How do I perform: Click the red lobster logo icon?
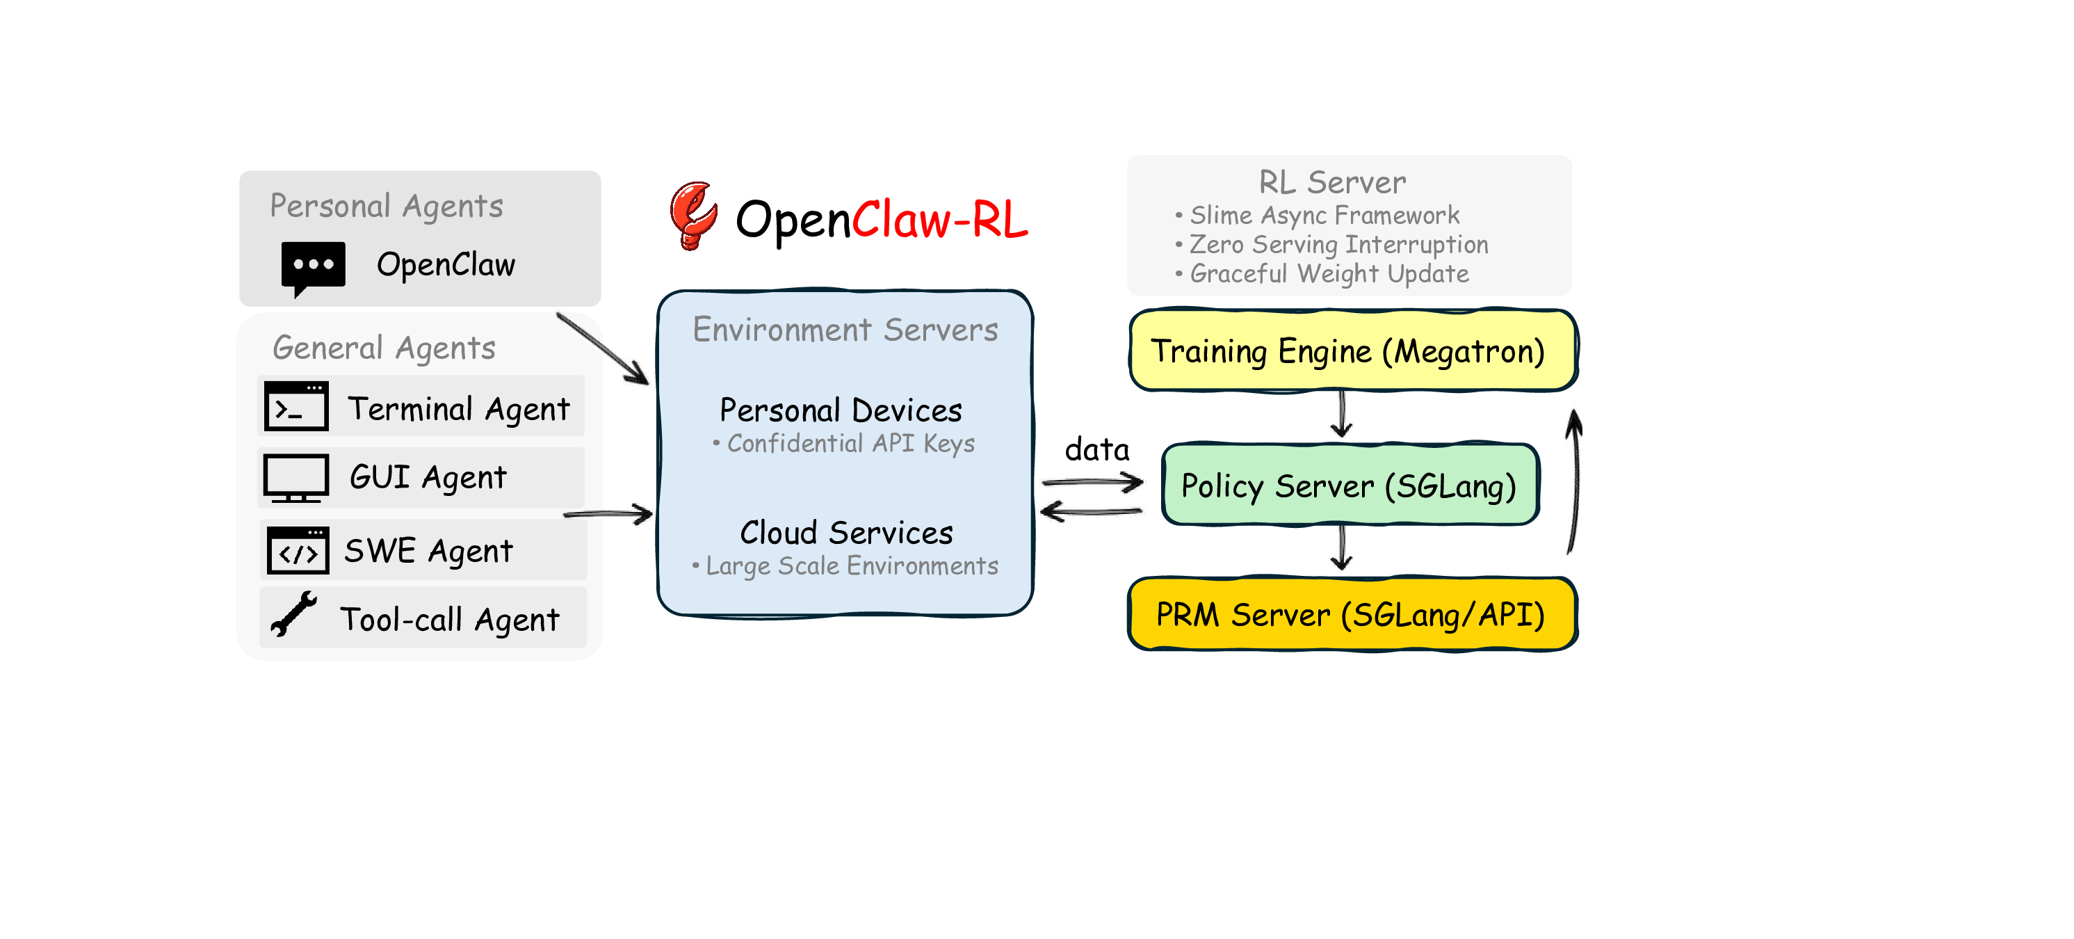692,215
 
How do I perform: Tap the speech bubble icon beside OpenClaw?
313,266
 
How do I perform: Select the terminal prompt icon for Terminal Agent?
296,407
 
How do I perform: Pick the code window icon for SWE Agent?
298,551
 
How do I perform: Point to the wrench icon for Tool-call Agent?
293,614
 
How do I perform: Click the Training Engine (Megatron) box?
1352,351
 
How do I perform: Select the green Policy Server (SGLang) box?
1350,485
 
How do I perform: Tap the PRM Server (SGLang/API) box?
1352,614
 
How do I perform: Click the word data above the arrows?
1096,449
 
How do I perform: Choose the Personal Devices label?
841,410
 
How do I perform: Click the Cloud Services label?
846,533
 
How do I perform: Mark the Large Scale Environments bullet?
845,566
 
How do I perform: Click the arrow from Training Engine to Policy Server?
1341,414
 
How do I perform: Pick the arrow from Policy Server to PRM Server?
1341,547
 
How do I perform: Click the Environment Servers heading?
845,330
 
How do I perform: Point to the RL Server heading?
1332,183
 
